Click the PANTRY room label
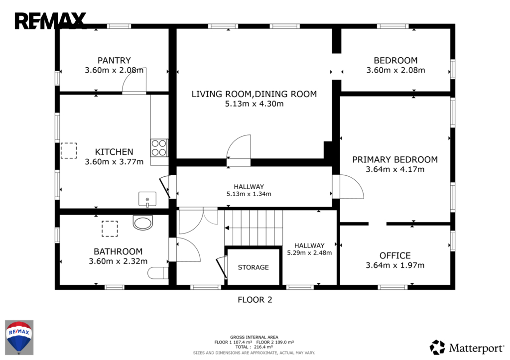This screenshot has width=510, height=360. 114,60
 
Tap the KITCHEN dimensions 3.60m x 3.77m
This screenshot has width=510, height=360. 114,162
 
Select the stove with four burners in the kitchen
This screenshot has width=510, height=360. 159,148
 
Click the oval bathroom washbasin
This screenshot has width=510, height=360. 143,223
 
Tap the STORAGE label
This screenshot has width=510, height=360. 254,267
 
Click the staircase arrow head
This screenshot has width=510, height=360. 227,228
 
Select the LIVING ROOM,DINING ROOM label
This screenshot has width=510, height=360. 254,94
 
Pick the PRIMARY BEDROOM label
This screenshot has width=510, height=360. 395,160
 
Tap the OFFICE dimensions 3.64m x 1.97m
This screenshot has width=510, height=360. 395,265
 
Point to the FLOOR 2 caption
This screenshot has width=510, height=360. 255,300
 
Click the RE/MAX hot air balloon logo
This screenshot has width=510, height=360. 19,337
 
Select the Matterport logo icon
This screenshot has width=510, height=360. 437,348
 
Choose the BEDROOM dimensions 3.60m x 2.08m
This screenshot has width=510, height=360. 395,70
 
